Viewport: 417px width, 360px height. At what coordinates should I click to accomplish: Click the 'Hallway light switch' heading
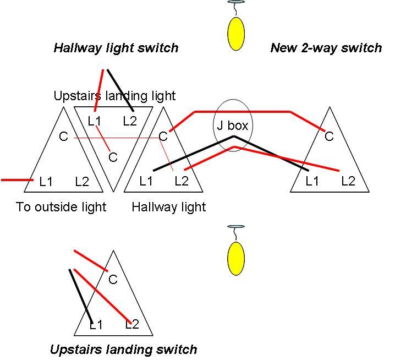[116, 48]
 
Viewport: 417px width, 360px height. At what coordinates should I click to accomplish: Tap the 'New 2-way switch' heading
[326, 48]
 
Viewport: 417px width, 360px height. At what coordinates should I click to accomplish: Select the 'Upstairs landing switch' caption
[123, 349]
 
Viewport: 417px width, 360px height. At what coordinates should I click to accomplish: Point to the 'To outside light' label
[61, 207]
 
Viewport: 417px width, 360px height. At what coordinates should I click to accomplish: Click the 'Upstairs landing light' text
[114, 96]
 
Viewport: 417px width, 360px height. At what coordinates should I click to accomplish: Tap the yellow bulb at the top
[236, 34]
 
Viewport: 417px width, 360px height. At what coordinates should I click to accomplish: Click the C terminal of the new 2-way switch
[329, 137]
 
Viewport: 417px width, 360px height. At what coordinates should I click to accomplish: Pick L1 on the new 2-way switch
[312, 181]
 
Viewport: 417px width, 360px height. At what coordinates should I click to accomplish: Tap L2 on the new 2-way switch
[348, 181]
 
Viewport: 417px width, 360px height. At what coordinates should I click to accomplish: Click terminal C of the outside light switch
[64, 136]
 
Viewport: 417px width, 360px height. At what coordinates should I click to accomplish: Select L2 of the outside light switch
[82, 181]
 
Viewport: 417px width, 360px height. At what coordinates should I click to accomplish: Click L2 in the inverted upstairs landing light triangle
[130, 121]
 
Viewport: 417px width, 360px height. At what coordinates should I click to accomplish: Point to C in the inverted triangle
[113, 157]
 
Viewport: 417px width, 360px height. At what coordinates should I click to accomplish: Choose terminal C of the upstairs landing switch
[113, 280]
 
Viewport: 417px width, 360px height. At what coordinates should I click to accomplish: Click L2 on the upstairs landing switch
[131, 324]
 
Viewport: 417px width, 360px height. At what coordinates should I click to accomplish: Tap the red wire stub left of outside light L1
[17, 179]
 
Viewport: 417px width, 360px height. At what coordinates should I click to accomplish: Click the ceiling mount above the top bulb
[236, 3]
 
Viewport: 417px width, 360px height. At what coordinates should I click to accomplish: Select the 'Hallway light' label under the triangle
[169, 207]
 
